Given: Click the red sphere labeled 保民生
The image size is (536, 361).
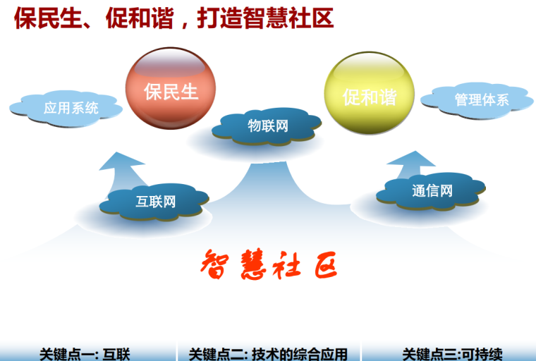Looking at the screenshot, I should tap(171, 92).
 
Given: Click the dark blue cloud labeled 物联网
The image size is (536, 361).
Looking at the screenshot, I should tap(267, 127).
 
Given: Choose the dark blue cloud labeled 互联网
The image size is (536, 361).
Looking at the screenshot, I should tap(155, 202).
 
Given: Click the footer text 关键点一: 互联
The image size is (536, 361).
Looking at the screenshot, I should tap(85, 354).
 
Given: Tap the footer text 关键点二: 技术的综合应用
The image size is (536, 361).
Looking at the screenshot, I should tap(268, 354).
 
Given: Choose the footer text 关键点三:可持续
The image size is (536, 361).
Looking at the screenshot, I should tap(452, 354).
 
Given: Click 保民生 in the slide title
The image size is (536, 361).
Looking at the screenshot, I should tap(49, 18).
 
